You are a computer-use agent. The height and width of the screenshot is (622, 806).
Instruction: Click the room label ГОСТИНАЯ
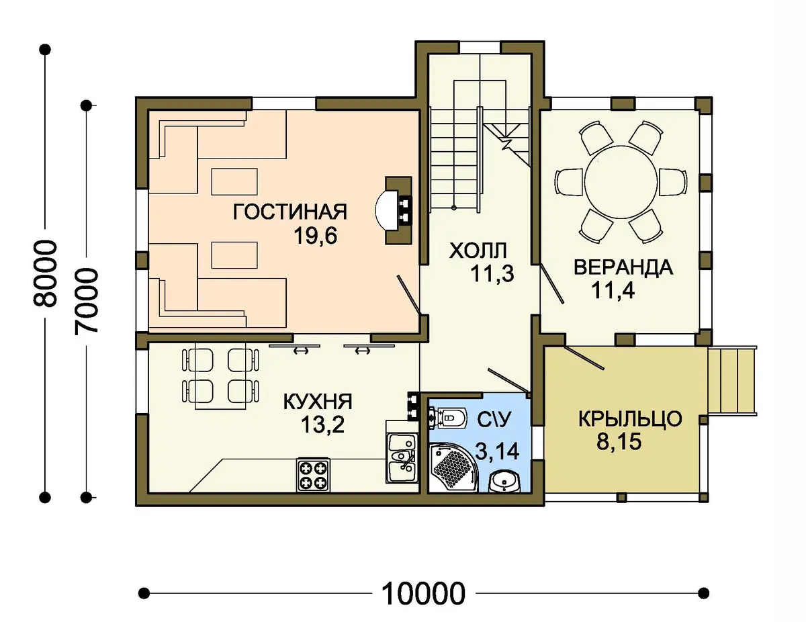coord(289,212)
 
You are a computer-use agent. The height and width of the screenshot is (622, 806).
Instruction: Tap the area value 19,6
coord(315,236)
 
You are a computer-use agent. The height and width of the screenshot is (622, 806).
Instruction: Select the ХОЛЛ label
coord(478,251)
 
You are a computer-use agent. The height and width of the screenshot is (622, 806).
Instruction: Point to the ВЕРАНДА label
coord(623,267)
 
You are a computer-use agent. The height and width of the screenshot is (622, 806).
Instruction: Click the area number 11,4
coord(613,290)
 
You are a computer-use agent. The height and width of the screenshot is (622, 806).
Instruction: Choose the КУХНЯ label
coord(318,401)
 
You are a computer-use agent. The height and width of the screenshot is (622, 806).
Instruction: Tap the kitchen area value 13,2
coord(322,425)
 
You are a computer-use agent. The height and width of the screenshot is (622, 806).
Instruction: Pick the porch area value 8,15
coord(619,442)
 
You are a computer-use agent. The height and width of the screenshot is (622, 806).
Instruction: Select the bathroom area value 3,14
coord(497,452)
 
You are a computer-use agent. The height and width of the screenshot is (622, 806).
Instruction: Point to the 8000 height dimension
coord(45,274)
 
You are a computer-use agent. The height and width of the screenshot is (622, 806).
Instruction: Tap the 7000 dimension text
coord(86,301)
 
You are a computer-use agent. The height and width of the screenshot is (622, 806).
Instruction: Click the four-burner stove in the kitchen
coord(313,475)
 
